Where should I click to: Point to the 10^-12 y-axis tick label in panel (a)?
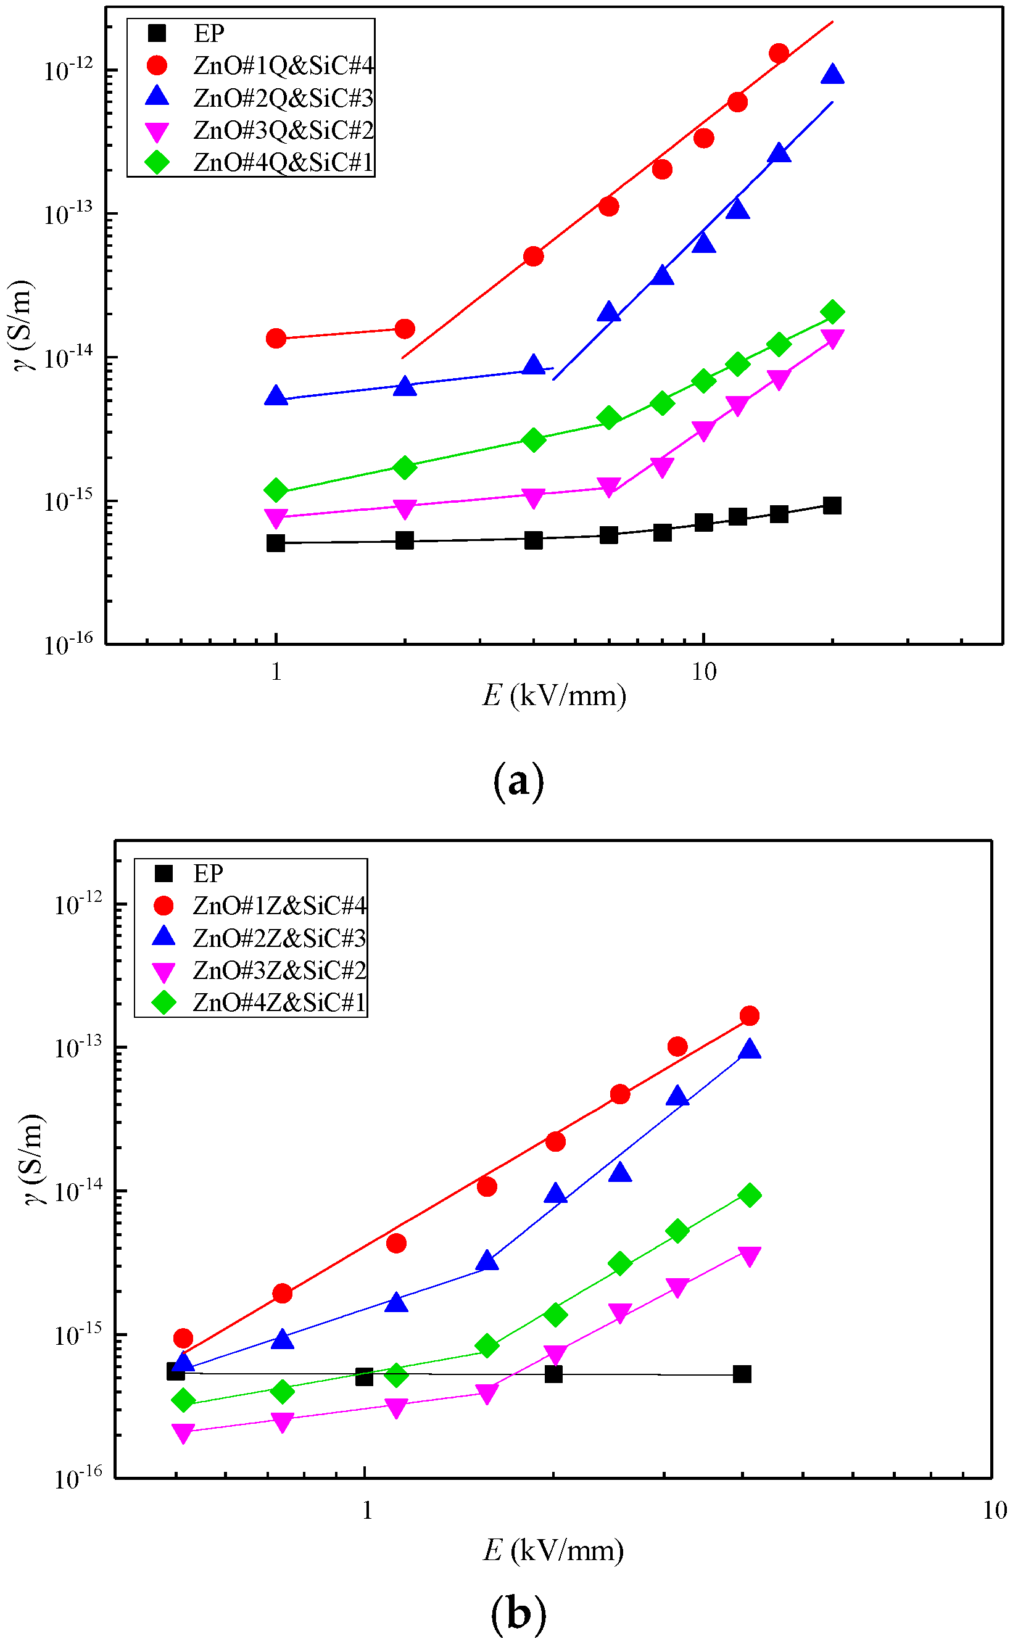click(68, 70)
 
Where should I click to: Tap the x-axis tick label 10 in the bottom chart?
click(994, 1511)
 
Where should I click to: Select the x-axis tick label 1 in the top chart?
click(276, 672)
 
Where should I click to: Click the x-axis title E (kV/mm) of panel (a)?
click(553, 695)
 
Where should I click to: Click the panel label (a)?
click(518, 782)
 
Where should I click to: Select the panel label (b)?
click(518, 1614)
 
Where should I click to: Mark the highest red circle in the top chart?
click(779, 53)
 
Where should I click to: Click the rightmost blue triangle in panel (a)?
click(833, 74)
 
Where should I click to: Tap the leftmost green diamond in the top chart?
click(275, 490)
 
